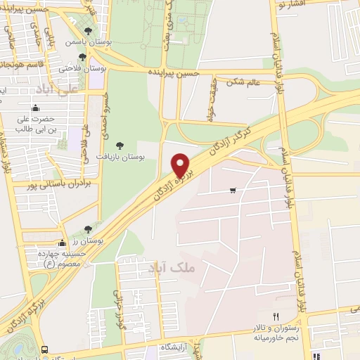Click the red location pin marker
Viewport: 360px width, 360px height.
(x=181, y=166)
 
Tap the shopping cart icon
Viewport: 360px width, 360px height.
(x=233, y=191)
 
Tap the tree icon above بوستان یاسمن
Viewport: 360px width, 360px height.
(x=86, y=31)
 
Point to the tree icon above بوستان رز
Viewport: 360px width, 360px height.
(x=88, y=229)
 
